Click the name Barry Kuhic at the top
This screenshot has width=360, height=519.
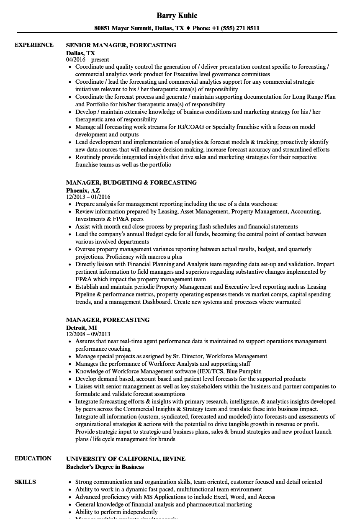177,15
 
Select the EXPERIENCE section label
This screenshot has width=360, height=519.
34,45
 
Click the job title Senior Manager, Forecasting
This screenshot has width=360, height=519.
121,45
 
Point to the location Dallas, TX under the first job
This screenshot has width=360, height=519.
80,53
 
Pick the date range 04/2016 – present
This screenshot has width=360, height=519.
87,59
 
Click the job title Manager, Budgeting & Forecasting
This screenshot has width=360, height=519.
131,182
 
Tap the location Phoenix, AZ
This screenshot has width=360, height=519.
83,190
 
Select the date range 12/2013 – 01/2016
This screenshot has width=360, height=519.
88,197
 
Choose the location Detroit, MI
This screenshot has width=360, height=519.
81,327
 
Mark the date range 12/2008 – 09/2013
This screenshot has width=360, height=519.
88,334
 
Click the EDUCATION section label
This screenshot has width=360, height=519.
33,458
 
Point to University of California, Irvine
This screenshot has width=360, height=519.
126,459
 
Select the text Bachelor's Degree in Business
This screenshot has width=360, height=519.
105,467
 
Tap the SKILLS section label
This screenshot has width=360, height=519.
25,482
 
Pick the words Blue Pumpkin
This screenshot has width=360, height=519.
244,371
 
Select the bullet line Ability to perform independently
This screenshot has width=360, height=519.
116,512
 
